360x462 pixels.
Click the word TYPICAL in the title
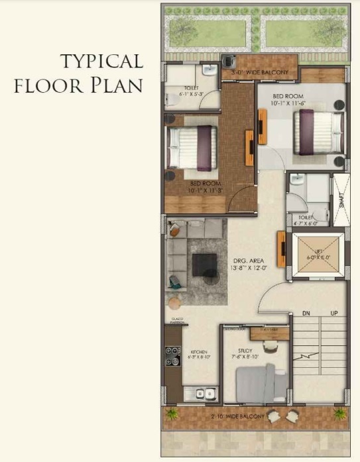(101, 62)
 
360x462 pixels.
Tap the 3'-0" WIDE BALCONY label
(257, 71)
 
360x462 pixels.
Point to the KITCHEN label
(200, 352)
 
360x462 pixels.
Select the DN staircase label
(306, 312)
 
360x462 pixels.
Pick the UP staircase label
(334, 312)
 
